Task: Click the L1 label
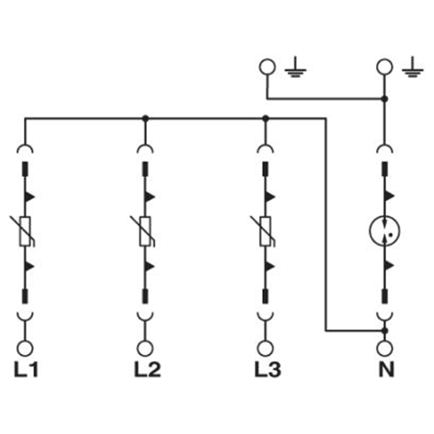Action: coord(25,370)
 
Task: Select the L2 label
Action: coord(147,370)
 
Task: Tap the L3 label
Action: coord(267,370)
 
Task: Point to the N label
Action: coord(386,370)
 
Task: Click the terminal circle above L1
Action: coord(25,348)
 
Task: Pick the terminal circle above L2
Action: coord(145,348)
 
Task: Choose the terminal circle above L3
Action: coord(265,348)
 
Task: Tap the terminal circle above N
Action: coord(385,348)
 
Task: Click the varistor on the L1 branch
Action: coord(25,232)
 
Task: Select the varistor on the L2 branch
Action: coord(145,232)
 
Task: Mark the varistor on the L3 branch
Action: coord(265,232)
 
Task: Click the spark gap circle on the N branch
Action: coord(385,231)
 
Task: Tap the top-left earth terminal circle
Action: coord(267,67)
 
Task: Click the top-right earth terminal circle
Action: coord(385,67)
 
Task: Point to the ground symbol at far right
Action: coord(412,67)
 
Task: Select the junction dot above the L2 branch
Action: coord(145,118)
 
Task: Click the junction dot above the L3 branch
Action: coord(265,118)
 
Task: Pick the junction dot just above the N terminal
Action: coord(385,330)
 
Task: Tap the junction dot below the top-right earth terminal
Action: coord(385,99)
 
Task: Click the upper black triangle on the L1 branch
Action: coord(30,197)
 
